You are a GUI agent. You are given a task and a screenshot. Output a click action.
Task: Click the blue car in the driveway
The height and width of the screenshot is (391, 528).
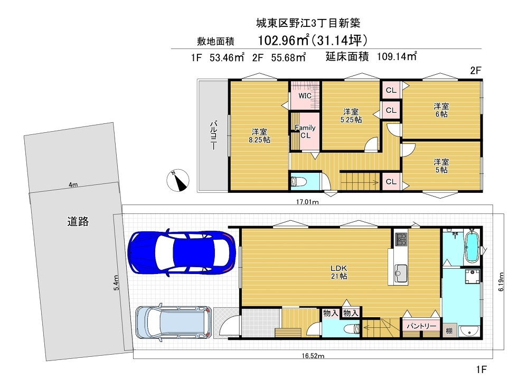pos(182,253)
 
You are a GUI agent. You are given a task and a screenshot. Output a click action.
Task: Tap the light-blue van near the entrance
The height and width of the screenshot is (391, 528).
pos(174,322)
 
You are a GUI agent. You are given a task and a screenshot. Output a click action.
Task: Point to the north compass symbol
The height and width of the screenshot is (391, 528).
pos(178,180)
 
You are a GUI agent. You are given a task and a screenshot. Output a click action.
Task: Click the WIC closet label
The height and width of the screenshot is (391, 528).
pos(305,96)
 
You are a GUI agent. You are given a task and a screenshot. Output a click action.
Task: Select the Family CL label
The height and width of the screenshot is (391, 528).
pos(305,131)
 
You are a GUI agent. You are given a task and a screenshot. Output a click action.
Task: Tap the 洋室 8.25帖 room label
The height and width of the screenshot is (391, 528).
pos(259,136)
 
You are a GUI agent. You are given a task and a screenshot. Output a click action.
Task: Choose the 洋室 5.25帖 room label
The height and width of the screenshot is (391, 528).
pos(351,115)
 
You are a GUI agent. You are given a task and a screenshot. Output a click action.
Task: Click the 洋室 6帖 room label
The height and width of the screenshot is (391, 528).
pos(441,110)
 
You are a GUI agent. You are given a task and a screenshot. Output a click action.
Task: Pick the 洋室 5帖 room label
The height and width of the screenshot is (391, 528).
pos(441,166)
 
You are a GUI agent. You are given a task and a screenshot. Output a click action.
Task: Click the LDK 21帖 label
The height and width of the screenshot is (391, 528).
pos(339,272)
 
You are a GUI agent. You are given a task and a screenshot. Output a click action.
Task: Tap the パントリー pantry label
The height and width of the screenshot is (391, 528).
pos(421,326)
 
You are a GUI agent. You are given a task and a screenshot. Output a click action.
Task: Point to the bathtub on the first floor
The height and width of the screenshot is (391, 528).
pos(472,247)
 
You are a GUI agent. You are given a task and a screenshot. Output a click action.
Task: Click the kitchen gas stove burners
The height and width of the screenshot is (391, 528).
pos(401,239)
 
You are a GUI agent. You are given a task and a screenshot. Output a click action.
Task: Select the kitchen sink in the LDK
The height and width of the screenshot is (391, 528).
pos(401,273)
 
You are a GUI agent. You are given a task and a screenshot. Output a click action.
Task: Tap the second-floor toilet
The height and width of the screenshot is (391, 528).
pos(299,182)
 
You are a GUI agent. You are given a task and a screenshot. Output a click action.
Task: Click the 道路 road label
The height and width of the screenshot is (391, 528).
pos(78,221)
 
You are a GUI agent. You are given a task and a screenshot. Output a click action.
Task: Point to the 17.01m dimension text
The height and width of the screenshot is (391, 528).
pos(307,202)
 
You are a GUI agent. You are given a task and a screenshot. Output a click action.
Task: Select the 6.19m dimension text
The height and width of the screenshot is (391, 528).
pos(501,281)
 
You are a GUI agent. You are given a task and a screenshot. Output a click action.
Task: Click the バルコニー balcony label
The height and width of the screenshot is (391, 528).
pos(213,135)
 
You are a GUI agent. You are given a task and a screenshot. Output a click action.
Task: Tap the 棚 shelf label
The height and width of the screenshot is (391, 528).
pos(449,331)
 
